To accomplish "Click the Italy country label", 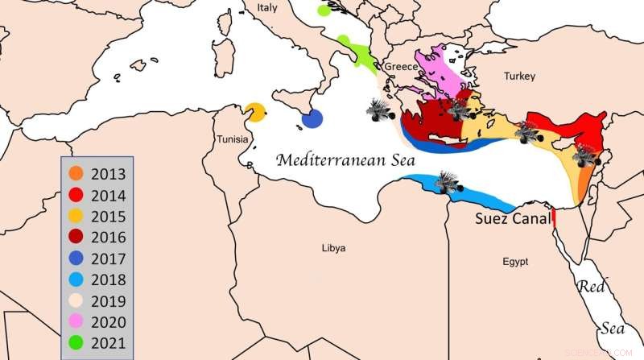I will pyautogui.click(x=266, y=7).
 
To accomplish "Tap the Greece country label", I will pyautogui.click(x=401, y=66).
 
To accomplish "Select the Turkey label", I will pyautogui.click(x=519, y=77).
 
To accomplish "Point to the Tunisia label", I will pyautogui.click(x=232, y=140).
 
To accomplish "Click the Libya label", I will pyautogui.click(x=333, y=248).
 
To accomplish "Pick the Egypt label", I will pyautogui.click(x=515, y=263).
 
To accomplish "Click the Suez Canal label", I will pyautogui.click(x=513, y=218).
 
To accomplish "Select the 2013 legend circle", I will pyautogui.click(x=76, y=173).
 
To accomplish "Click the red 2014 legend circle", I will pyautogui.click(x=76, y=195).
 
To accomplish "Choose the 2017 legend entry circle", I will pyautogui.click(x=76, y=259).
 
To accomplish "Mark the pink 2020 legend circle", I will pyautogui.click(x=76, y=324).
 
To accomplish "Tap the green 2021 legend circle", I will pyautogui.click(x=76, y=345).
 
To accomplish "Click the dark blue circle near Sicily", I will pyautogui.click(x=312, y=119).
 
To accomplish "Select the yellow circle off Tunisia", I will pyautogui.click(x=256, y=112).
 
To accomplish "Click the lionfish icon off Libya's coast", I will pyautogui.click(x=446, y=182).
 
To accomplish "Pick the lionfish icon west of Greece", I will pyautogui.click(x=378, y=110).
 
